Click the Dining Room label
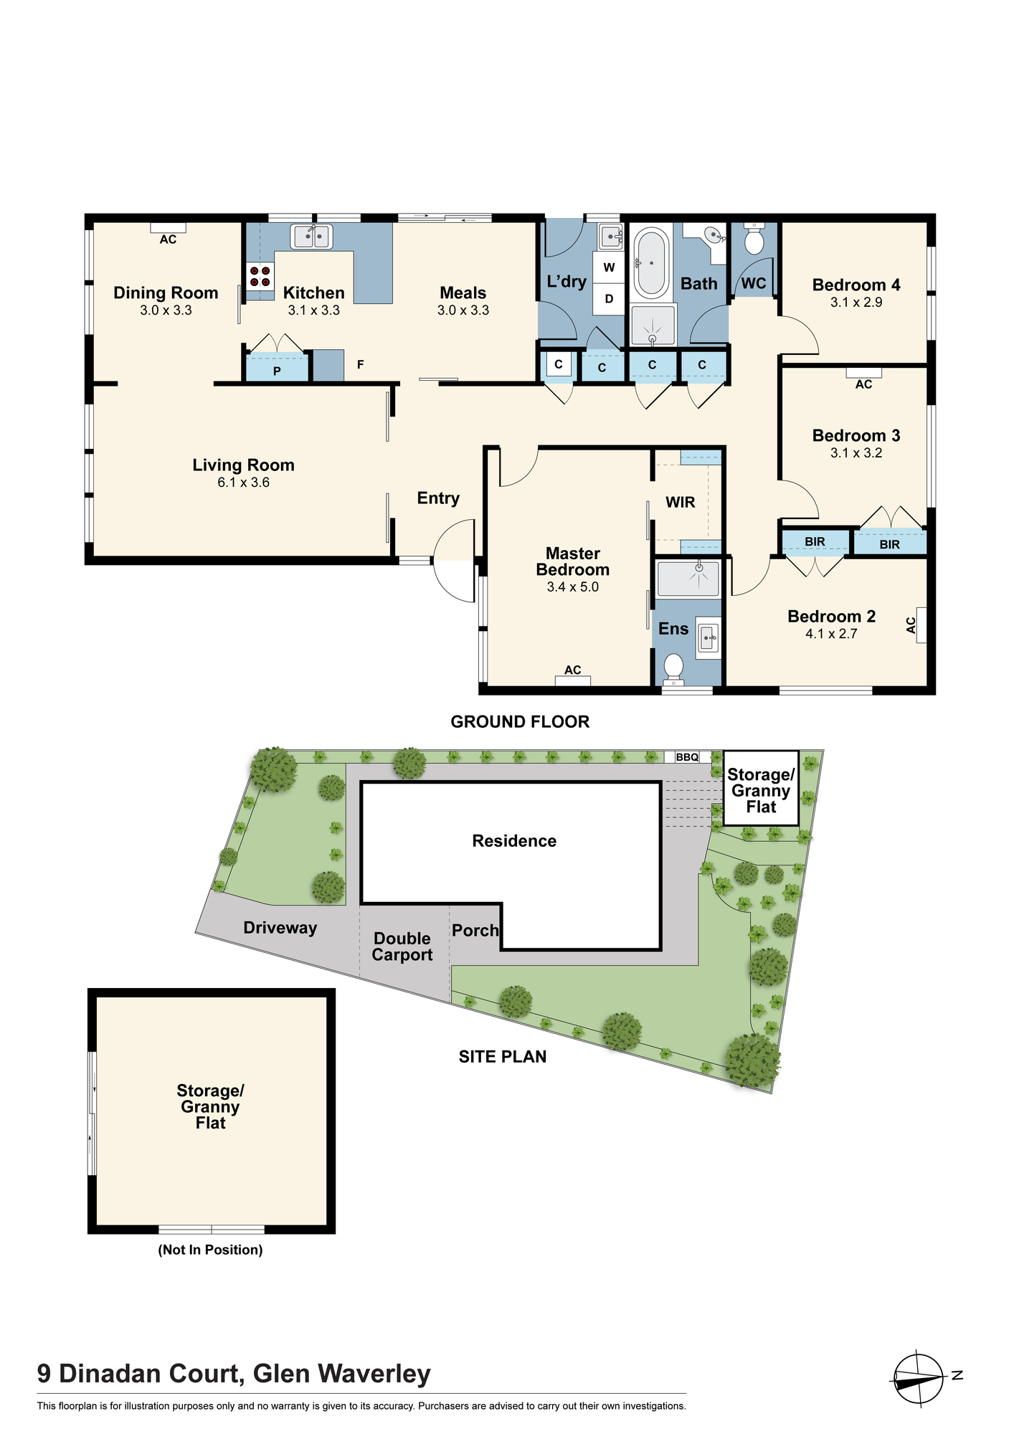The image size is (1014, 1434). (166, 293)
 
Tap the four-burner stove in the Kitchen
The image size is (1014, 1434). (260, 276)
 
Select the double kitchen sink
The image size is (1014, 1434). (311, 236)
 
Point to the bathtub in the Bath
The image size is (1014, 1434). (652, 263)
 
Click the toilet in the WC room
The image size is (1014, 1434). (754, 238)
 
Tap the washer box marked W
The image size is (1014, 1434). (609, 267)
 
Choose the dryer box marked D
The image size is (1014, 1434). (609, 298)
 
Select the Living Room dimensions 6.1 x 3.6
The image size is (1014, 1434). (244, 483)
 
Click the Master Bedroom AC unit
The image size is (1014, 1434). (573, 680)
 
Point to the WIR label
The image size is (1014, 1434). (681, 502)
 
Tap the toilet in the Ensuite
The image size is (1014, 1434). (673, 668)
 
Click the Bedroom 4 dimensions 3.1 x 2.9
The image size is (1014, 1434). (856, 303)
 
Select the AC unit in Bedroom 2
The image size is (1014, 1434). (921, 625)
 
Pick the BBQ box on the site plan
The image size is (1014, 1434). (687, 757)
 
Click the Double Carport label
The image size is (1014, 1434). (402, 946)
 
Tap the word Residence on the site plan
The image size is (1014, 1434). (514, 841)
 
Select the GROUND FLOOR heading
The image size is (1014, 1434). (520, 722)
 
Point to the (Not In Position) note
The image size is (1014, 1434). (210, 1250)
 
